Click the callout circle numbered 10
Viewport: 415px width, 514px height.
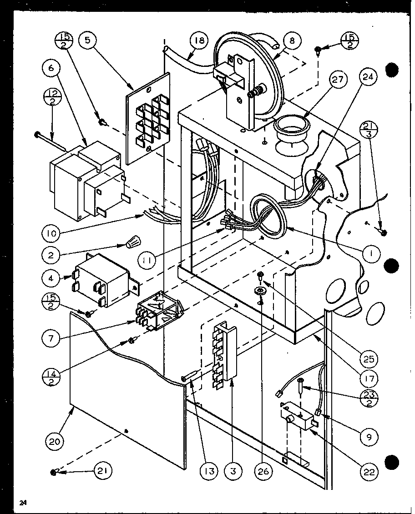click(x=54, y=235)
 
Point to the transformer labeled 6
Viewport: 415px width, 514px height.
click(x=86, y=180)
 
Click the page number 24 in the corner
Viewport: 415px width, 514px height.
click(x=23, y=503)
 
